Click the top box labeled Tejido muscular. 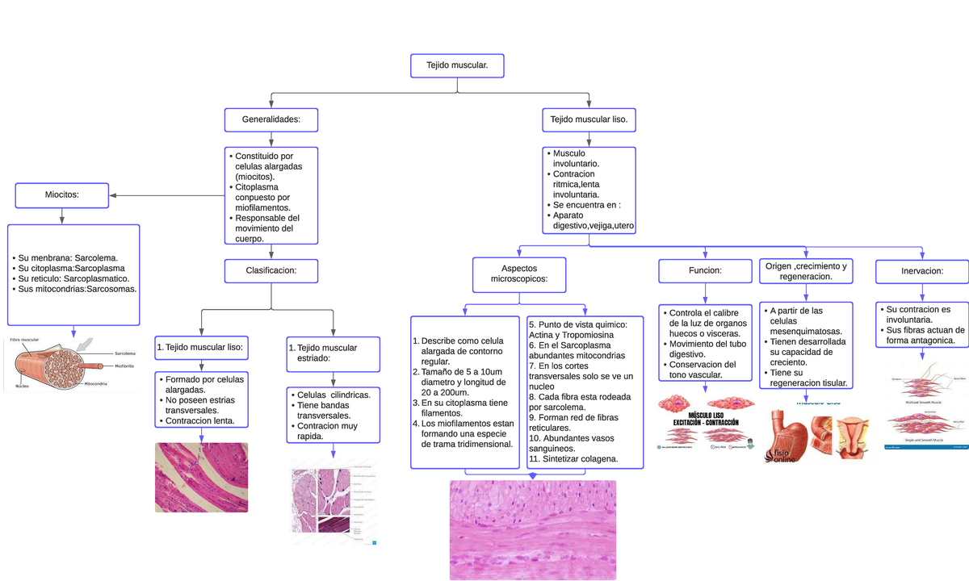[x=457, y=65]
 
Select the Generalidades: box [x=271, y=119]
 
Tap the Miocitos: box [x=61, y=194]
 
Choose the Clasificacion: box [x=271, y=271]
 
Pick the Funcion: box [x=705, y=271]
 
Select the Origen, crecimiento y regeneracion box [x=806, y=271]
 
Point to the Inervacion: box [x=922, y=271]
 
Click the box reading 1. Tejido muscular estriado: [x=333, y=353]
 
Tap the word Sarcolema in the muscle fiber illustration [x=125, y=353]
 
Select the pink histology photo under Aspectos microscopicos [x=532, y=529]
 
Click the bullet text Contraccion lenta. [x=200, y=420]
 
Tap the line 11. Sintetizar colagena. [x=573, y=458]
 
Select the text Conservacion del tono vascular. [x=703, y=369]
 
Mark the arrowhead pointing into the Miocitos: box [x=112, y=195]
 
